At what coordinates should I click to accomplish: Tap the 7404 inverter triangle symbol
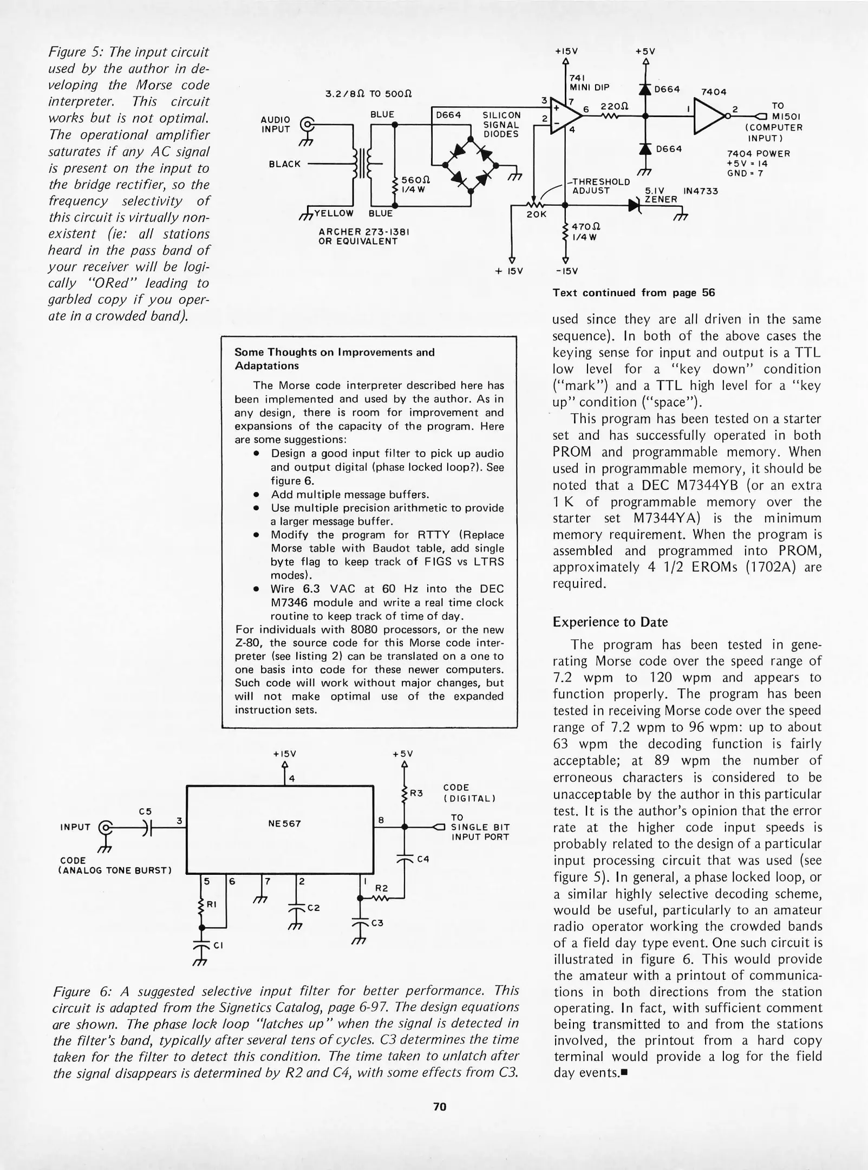pyautogui.click(x=710, y=116)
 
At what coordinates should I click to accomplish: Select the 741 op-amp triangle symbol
pyautogui.click(x=560, y=116)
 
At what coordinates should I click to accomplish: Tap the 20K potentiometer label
pyautogui.click(x=536, y=214)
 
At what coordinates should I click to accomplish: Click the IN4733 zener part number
pyautogui.click(x=700, y=191)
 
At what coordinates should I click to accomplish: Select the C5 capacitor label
pyautogui.click(x=145, y=811)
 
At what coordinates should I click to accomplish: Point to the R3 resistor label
pyautogui.click(x=416, y=794)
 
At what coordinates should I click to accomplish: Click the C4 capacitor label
pyautogui.click(x=423, y=859)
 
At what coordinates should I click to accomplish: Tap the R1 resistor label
pyautogui.click(x=212, y=904)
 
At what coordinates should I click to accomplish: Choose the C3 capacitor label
pyautogui.click(x=377, y=923)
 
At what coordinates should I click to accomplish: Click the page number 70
pyautogui.click(x=439, y=1107)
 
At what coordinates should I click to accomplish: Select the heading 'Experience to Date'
pyautogui.click(x=610, y=622)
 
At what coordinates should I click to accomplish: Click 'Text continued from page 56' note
pyautogui.click(x=634, y=293)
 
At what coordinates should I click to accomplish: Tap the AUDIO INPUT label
pyautogui.click(x=276, y=124)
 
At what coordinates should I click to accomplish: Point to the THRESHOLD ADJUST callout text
pyautogui.click(x=598, y=186)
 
